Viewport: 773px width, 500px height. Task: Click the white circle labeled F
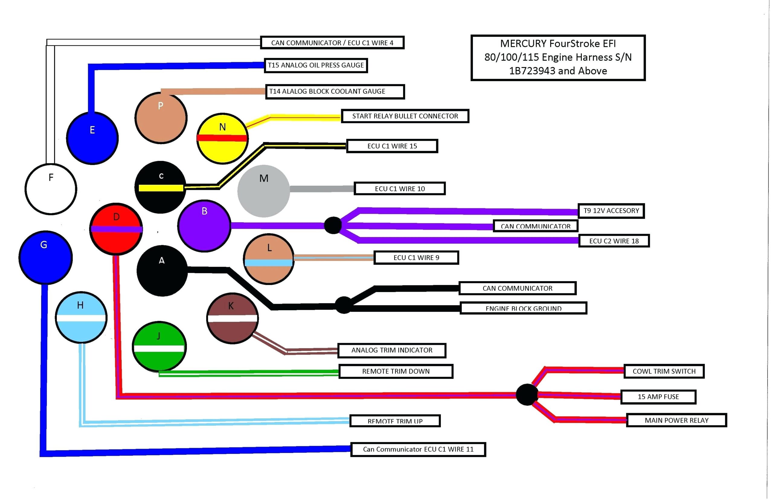click(51, 189)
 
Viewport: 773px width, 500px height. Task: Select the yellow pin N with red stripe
click(222, 138)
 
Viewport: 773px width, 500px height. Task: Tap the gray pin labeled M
click(263, 191)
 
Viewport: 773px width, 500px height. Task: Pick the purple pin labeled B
click(204, 225)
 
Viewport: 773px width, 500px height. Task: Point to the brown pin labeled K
click(232, 318)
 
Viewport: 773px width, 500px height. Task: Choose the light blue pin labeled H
click(81, 317)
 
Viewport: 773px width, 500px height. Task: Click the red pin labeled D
click(116, 229)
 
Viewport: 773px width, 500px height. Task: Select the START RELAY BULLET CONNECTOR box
click(405, 116)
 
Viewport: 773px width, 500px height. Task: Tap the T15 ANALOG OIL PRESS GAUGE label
click(316, 65)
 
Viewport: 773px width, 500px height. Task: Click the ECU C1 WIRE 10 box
click(400, 189)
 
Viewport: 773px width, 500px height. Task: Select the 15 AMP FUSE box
click(658, 397)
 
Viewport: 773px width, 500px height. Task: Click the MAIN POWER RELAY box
click(676, 420)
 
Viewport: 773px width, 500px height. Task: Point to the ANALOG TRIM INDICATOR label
click(392, 350)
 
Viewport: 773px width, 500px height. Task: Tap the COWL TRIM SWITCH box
click(664, 371)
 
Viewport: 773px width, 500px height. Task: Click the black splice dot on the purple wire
click(333, 225)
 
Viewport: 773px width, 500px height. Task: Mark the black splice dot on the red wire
click(527, 395)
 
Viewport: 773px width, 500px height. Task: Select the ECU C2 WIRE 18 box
click(614, 241)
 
